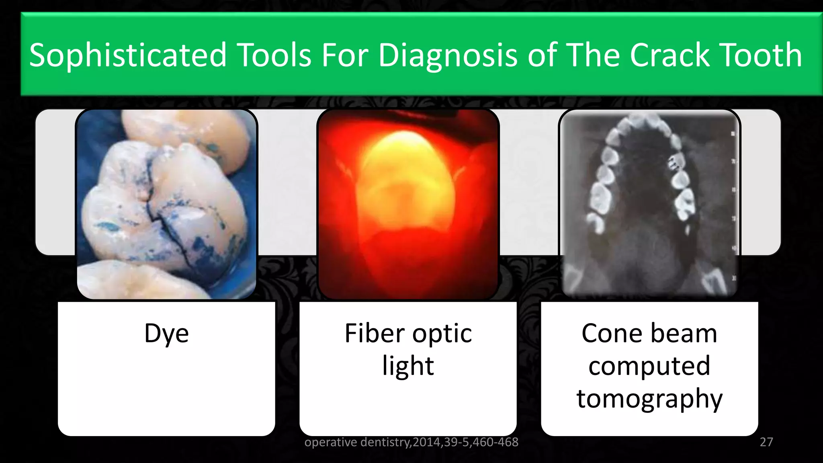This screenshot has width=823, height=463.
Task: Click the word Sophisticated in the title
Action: point(128,55)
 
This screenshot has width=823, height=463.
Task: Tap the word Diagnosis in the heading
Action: point(448,55)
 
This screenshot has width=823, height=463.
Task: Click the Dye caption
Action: point(166,334)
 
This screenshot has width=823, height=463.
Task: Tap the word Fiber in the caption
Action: point(375,334)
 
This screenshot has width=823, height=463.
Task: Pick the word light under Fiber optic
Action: point(408,366)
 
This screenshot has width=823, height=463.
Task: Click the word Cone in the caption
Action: point(612,334)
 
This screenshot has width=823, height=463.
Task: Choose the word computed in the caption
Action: point(649,366)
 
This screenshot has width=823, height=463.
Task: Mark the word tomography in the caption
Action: point(649,399)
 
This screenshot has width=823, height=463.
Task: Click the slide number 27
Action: point(766,442)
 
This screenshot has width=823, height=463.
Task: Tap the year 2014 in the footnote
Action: point(427,442)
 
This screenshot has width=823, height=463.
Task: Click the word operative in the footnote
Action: point(331,442)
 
